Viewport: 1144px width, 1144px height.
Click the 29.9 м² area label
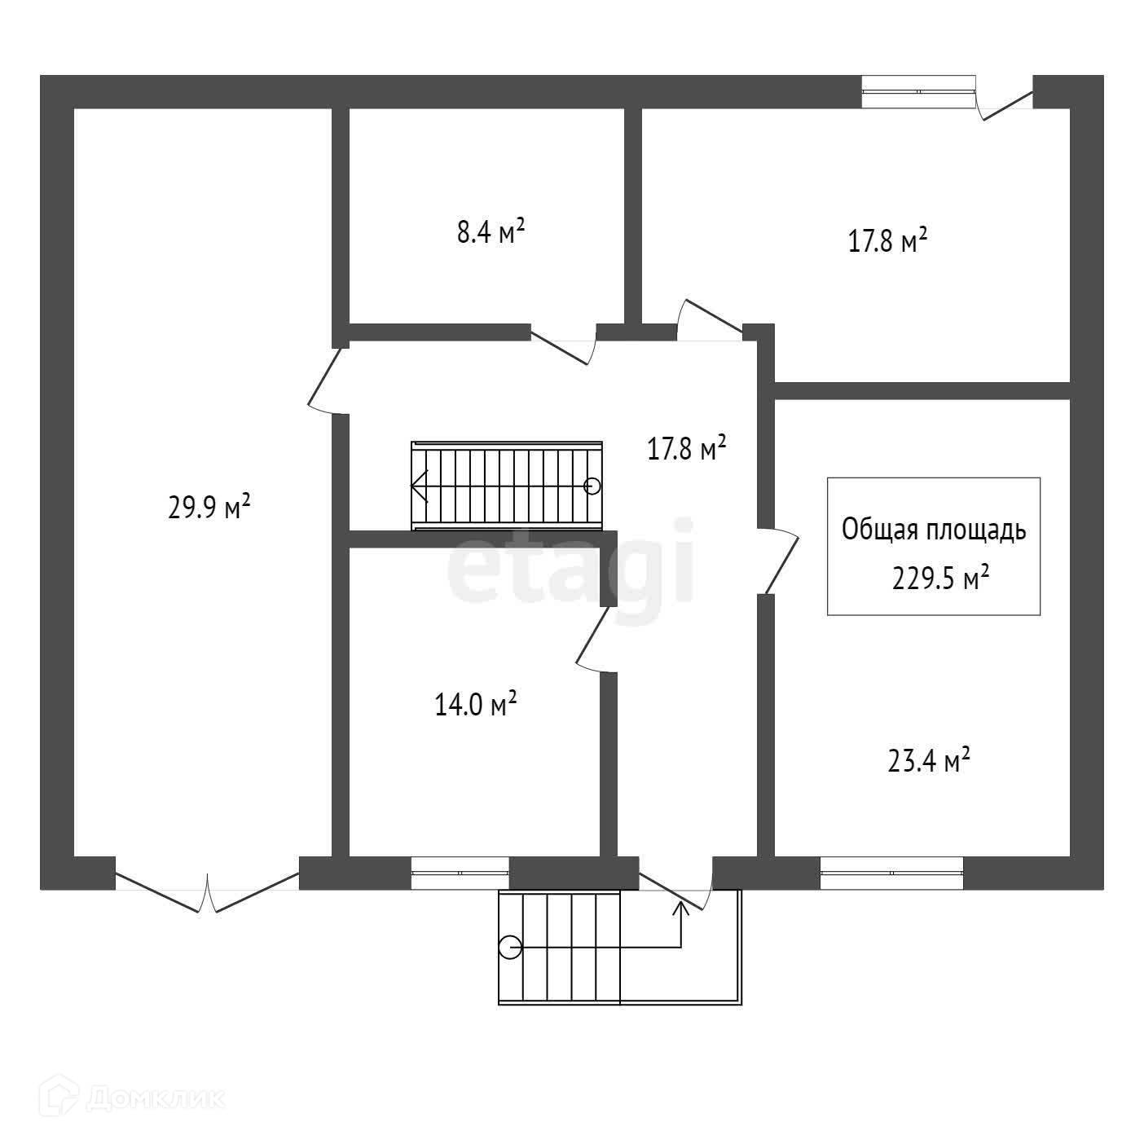[209, 508]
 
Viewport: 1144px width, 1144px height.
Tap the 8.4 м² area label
[491, 232]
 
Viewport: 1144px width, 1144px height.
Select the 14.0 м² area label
[477, 703]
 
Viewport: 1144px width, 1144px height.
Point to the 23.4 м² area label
[928, 761]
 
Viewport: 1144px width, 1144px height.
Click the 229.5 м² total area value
[941, 579]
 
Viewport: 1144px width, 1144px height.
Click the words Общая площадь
[934, 530]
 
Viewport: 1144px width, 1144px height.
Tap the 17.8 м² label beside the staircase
[686, 448]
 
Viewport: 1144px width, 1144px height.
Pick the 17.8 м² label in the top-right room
[888, 241]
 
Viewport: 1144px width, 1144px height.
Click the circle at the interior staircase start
[592, 486]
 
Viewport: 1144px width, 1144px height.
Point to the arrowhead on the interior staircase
[419, 486]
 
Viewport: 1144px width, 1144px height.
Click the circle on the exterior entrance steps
[510, 948]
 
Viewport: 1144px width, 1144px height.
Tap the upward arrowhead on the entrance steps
[681, 907]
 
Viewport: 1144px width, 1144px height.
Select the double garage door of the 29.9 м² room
[208, 892]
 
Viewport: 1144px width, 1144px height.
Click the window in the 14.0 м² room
[460, 872]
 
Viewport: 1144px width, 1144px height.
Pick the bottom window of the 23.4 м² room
[891, 872]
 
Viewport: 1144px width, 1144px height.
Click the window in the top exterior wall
[918, 91]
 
